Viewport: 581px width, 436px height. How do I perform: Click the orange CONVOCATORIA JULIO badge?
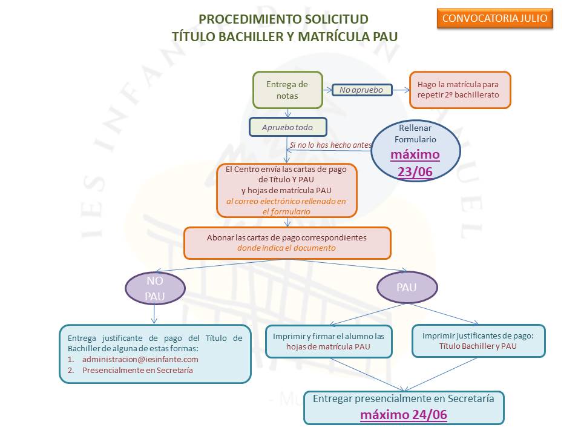pyautogui.click(x=494, y=18)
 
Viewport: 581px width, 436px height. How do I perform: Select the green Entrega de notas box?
pyautogui.click(x=287, y=90)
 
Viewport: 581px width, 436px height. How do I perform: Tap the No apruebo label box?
pyautogui.click(x=362, y=90)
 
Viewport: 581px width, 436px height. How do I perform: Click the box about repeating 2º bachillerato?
pyautogui.click(x=459, y=90)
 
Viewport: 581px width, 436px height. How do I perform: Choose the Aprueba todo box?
pyautogui.click(x=287, y=127)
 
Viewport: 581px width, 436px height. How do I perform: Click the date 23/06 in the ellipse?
pyautogui.click(x=415, y=172)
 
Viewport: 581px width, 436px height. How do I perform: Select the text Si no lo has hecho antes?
pyautogui.click(x=330, y=145)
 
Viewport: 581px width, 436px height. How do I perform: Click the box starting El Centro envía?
pyautogui.click(x=286, y=190)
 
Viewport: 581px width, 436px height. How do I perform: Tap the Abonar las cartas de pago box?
pyautogui.click(x=287, y=243)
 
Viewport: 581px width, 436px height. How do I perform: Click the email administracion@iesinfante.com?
pyautogui.click(x=140, y=359)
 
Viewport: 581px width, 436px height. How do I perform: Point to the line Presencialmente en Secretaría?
pyautogui.click(x=137, y=370)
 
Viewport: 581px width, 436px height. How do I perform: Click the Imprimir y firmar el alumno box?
pyautogui.click(x=328, y=341)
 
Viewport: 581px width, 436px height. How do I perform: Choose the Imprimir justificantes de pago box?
pyautogui.click(x=478, y=341)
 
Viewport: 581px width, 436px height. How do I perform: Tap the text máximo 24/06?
pyautogui.click(x=404, y=415)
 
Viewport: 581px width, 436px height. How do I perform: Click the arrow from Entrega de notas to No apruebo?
pyautogui.click(x=327, y=91)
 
